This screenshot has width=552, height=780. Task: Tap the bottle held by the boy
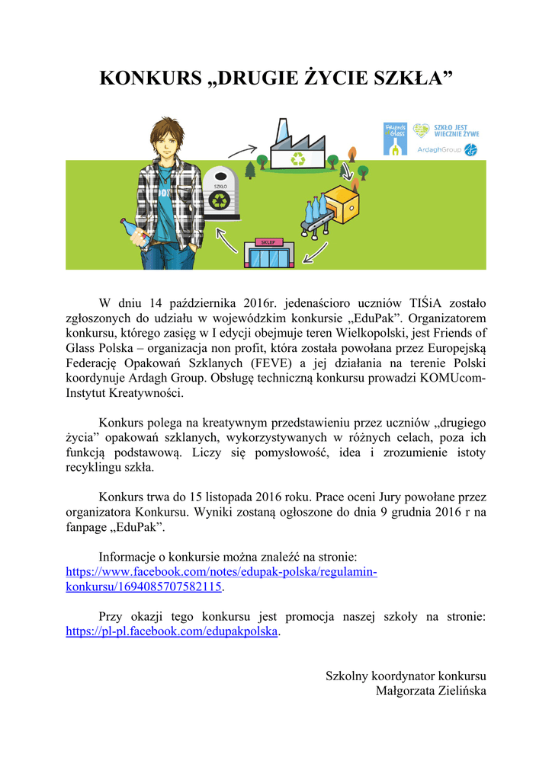pyautogui.click(x=134, y=232)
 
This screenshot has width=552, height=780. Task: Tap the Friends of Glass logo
pyautogui.click(x=395, y=139)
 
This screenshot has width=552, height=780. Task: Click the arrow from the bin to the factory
pyautogui.click(x=242, y=151)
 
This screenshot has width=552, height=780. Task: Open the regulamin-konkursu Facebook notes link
pyautogui.click(x=221, y=580)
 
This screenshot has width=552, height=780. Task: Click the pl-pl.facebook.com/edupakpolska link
pyautogui.click(x=172, y=631)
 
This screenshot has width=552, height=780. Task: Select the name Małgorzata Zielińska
pyautogui.click(x=431, y=690)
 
